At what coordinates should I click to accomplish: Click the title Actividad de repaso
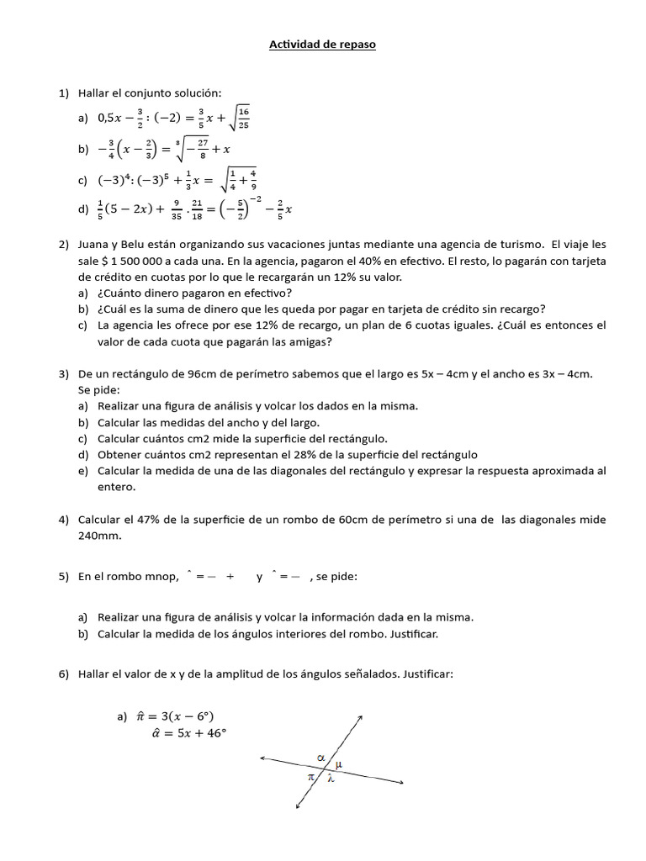(322, 45)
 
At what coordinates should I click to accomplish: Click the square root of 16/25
(240, 119)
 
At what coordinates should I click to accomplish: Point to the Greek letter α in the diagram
(320, 758)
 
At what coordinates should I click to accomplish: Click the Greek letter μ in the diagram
(339, 764)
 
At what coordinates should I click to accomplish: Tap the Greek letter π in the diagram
(311, 778)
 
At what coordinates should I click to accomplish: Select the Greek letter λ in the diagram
(331, 779)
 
